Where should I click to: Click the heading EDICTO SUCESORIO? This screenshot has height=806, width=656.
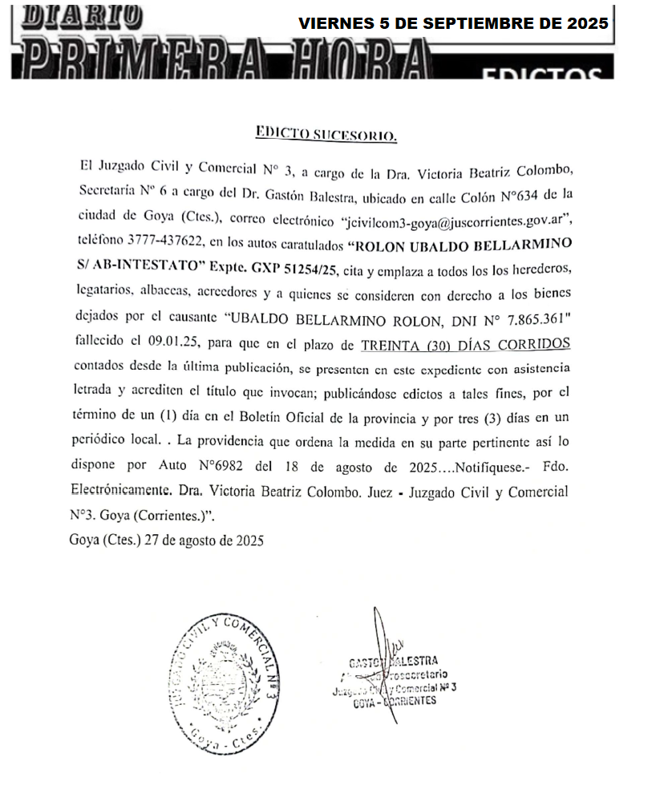point(325,134)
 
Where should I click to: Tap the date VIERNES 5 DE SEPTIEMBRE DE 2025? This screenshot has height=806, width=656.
point(453,22)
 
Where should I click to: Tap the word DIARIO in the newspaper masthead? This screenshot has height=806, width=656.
point(76,14)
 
